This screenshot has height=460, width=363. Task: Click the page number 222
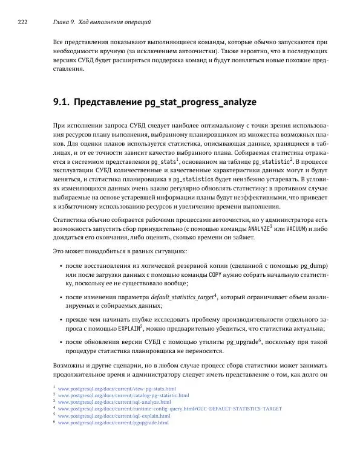click(22, 22)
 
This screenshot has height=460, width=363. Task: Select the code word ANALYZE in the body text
click(258, 228)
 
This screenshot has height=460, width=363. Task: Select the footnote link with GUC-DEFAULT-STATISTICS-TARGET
click(170, 409)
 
